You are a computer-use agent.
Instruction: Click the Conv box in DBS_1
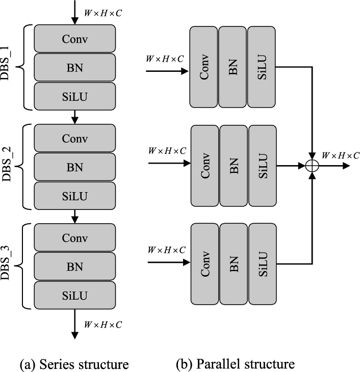point(75,39)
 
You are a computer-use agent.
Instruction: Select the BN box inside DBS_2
point(75,167)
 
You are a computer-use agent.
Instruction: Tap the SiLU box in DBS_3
point(75,295)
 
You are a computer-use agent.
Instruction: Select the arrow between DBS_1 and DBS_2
point(75,117)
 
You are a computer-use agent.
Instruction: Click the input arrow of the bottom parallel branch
point(168,263)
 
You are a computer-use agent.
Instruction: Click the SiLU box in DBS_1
point(75,95)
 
